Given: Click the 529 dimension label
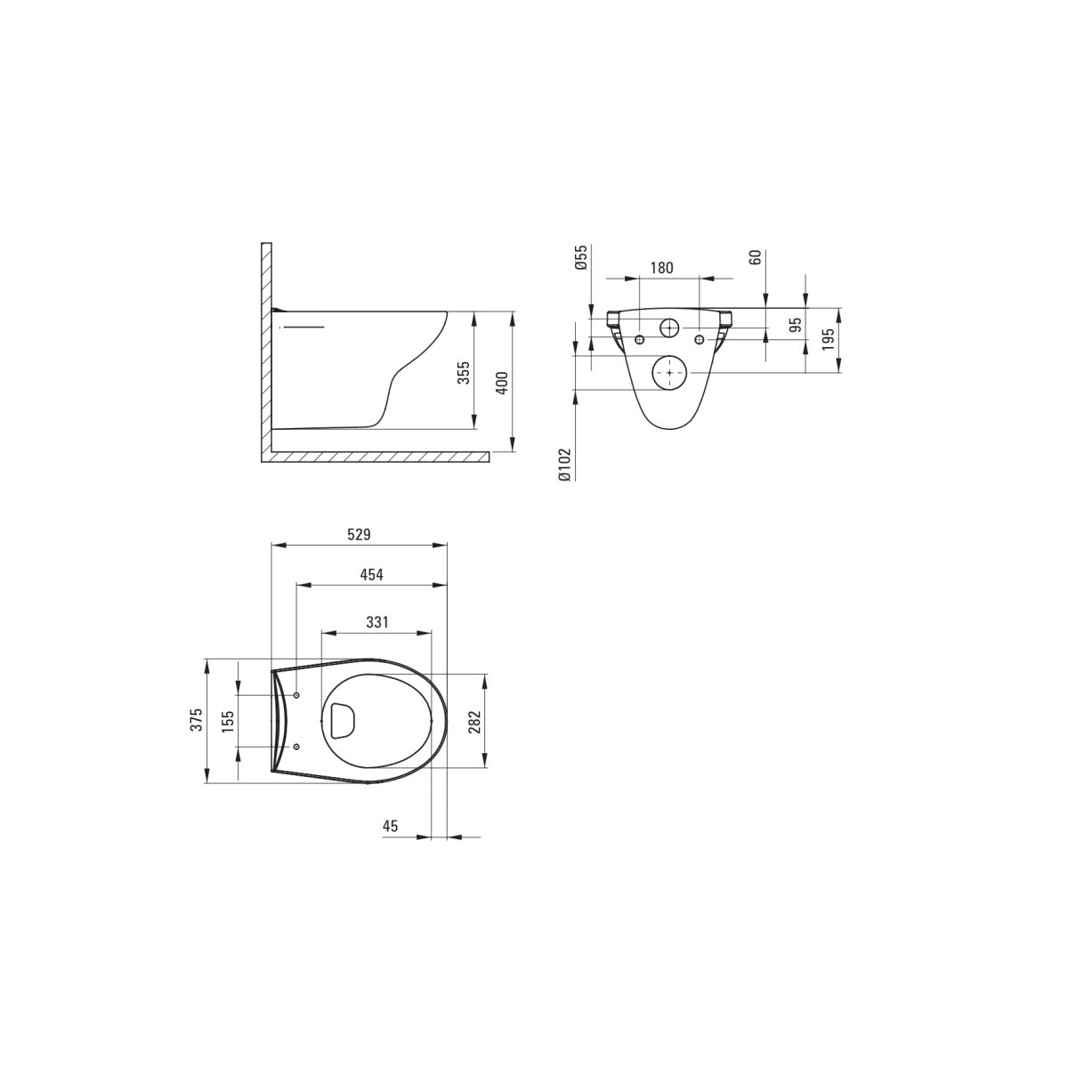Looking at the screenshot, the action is coord(359,534).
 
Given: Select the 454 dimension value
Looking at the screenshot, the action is coord(371,575).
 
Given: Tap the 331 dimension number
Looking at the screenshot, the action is coord(376,622).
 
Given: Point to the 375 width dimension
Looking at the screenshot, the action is coord(197,719).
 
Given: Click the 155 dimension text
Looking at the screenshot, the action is coord(228,721).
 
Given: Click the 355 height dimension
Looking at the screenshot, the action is coord(464,372).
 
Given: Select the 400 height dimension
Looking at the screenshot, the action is coord(502,383).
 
